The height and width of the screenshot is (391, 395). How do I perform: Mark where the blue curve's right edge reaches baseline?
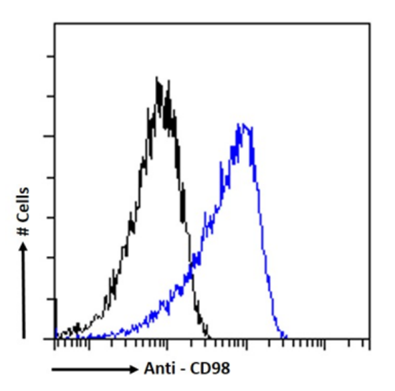coord(285,337)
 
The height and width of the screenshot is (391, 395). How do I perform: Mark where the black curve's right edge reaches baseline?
coord(209,337)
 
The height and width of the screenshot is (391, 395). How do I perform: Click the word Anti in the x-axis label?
coord(158,368)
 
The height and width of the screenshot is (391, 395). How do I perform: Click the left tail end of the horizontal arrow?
coord(53,369)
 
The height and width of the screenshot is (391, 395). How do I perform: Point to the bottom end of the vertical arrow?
coord(24,337)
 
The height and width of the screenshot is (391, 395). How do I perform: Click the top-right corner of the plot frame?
coord(369,25)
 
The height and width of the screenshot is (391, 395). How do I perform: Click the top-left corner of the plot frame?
coord(54,25)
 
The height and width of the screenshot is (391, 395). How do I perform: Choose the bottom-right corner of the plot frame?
coord(369,339)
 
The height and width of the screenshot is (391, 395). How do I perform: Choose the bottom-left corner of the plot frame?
coord(54,339)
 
